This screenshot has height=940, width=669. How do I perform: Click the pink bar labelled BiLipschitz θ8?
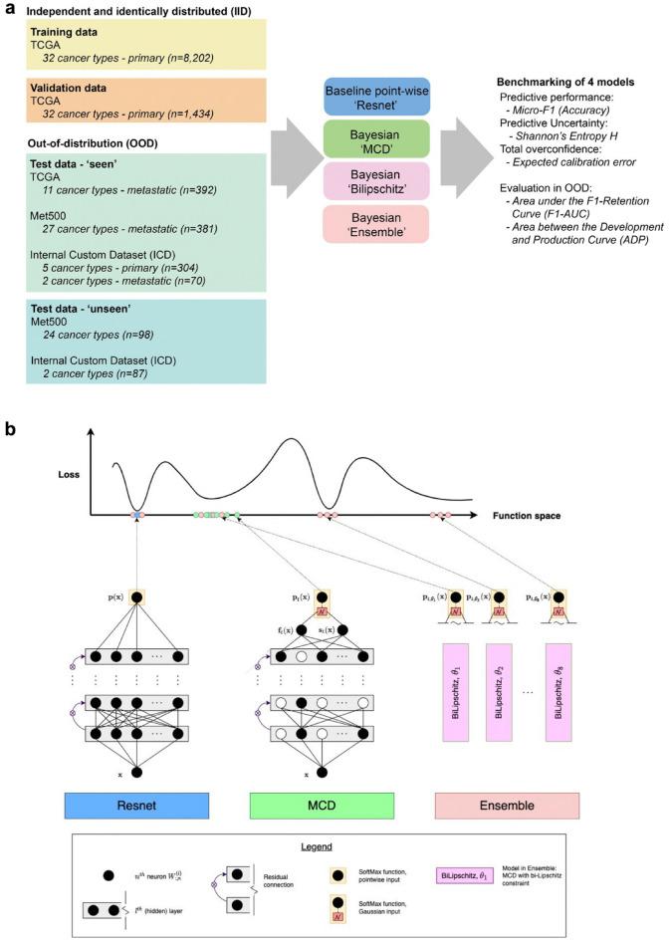click(563, 696)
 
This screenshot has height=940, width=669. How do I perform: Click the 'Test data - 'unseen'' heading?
click(75, 307)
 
